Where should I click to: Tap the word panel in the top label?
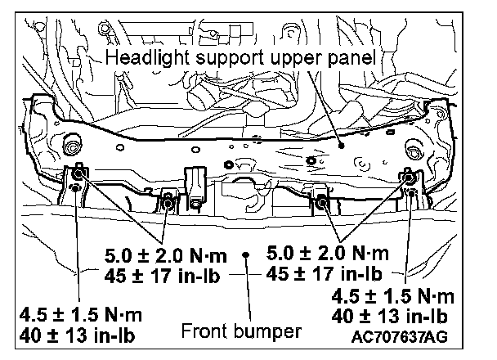tap(353, 58)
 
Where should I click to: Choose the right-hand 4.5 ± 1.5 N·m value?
tap(390, 295)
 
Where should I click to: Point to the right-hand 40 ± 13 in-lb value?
tap(390, 316)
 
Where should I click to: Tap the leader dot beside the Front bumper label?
tap(244, 254)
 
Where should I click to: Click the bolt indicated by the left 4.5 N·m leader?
tap(74, 190)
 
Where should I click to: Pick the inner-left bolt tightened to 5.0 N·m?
tap(166, 200)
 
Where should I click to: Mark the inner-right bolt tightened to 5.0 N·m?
tap(321, 200)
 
